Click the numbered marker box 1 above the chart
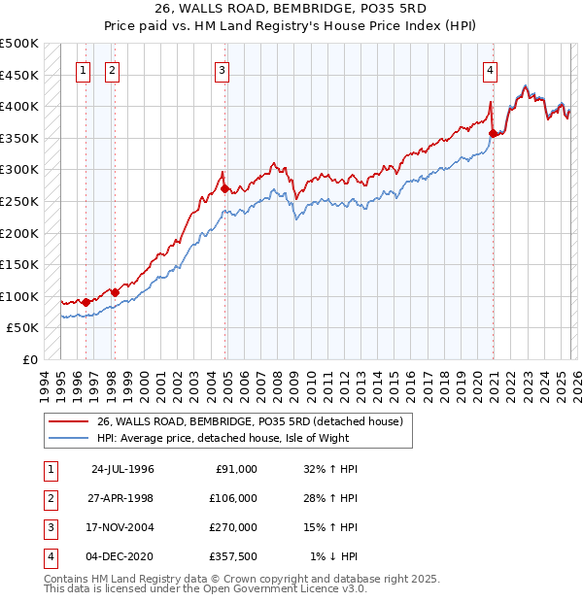tap(85, 70)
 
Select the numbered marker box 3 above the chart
tap(223, 70)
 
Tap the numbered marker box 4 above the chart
tap(491, 70)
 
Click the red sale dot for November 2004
tap(225, 188)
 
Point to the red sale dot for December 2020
tap(494, 133)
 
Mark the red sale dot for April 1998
tap(115, 292)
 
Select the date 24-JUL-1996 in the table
tap(122, 468)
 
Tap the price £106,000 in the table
tap(234, 497)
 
